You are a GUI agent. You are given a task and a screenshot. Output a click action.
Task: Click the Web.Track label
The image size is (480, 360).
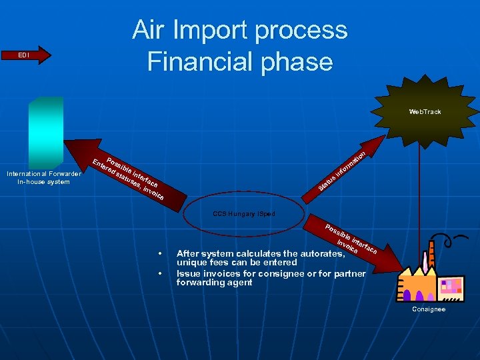425,111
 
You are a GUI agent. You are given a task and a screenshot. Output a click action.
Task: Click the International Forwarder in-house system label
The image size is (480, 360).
43,178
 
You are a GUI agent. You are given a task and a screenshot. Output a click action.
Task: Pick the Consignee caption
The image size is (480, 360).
429,309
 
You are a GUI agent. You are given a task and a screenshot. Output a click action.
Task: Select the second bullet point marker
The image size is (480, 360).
160,274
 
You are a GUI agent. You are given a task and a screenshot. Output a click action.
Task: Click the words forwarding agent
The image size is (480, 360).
214,283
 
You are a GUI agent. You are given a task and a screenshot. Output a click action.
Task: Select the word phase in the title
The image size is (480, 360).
297,61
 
